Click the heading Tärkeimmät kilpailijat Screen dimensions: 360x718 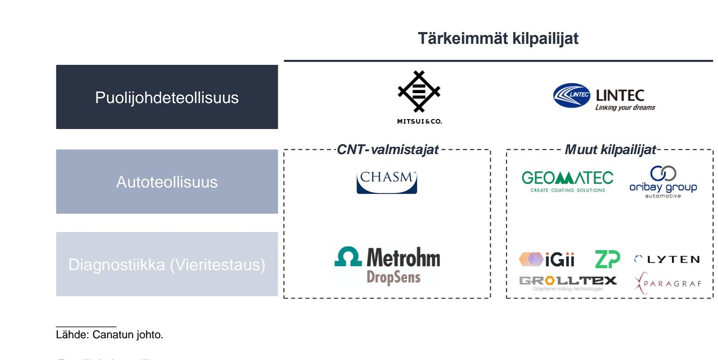(x=498, y=38)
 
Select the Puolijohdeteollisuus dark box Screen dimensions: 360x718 (x=166, y=97)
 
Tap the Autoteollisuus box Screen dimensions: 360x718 (x=166, y=182)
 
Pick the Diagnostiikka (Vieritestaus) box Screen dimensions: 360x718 (x=166, y=264)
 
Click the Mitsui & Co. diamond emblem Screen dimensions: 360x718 (x=419, y=92)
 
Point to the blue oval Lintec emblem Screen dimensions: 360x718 (x=571, y=95)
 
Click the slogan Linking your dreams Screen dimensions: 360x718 (x=625, y=108)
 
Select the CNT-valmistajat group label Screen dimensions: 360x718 (x=388, y=150)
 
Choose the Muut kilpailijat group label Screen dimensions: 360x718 (x=610, y=150)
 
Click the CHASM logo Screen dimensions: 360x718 (x=387, y=182)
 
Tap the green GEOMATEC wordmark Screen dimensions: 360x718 (x=567, y=178)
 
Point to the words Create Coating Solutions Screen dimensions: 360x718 (x=567, y=190)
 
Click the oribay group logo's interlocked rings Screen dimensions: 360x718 (x=663, y=173)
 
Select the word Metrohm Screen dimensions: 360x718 (x=403, y=258)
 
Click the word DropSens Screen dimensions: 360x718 (x=393, y=277)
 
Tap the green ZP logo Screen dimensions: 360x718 (x=607, y=259)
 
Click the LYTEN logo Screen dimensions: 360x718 (x=666, y=259)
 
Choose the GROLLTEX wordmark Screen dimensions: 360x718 (x=567, y=280)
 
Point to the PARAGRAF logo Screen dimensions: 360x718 (x=668, y=284)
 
